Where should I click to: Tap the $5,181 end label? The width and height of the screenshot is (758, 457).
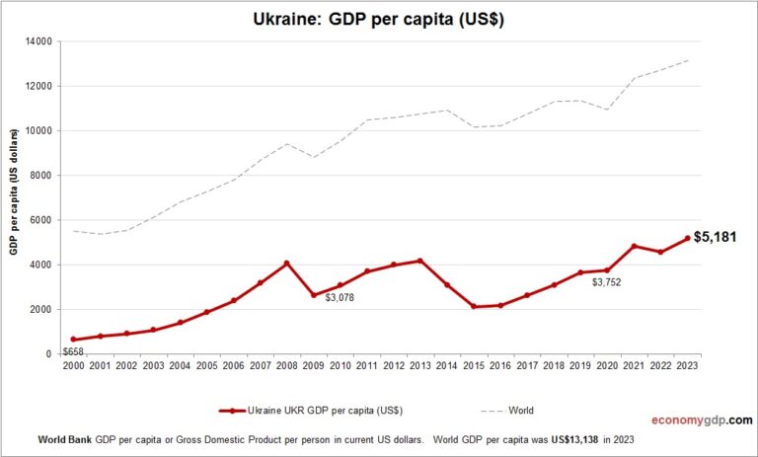pos(716,237)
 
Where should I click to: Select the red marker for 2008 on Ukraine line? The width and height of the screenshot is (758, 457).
pos(287,264)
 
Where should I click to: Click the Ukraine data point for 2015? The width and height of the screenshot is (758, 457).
pos(474,306)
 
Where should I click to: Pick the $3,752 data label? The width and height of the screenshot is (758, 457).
pos(607,282)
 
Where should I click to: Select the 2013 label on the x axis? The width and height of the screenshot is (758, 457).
pos(420,366)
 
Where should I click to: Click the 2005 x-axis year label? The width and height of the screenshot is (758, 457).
pos(206,366)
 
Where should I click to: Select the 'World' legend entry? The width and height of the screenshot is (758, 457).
pos(518,410)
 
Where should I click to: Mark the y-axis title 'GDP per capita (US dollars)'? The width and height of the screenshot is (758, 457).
pos(15,197)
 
